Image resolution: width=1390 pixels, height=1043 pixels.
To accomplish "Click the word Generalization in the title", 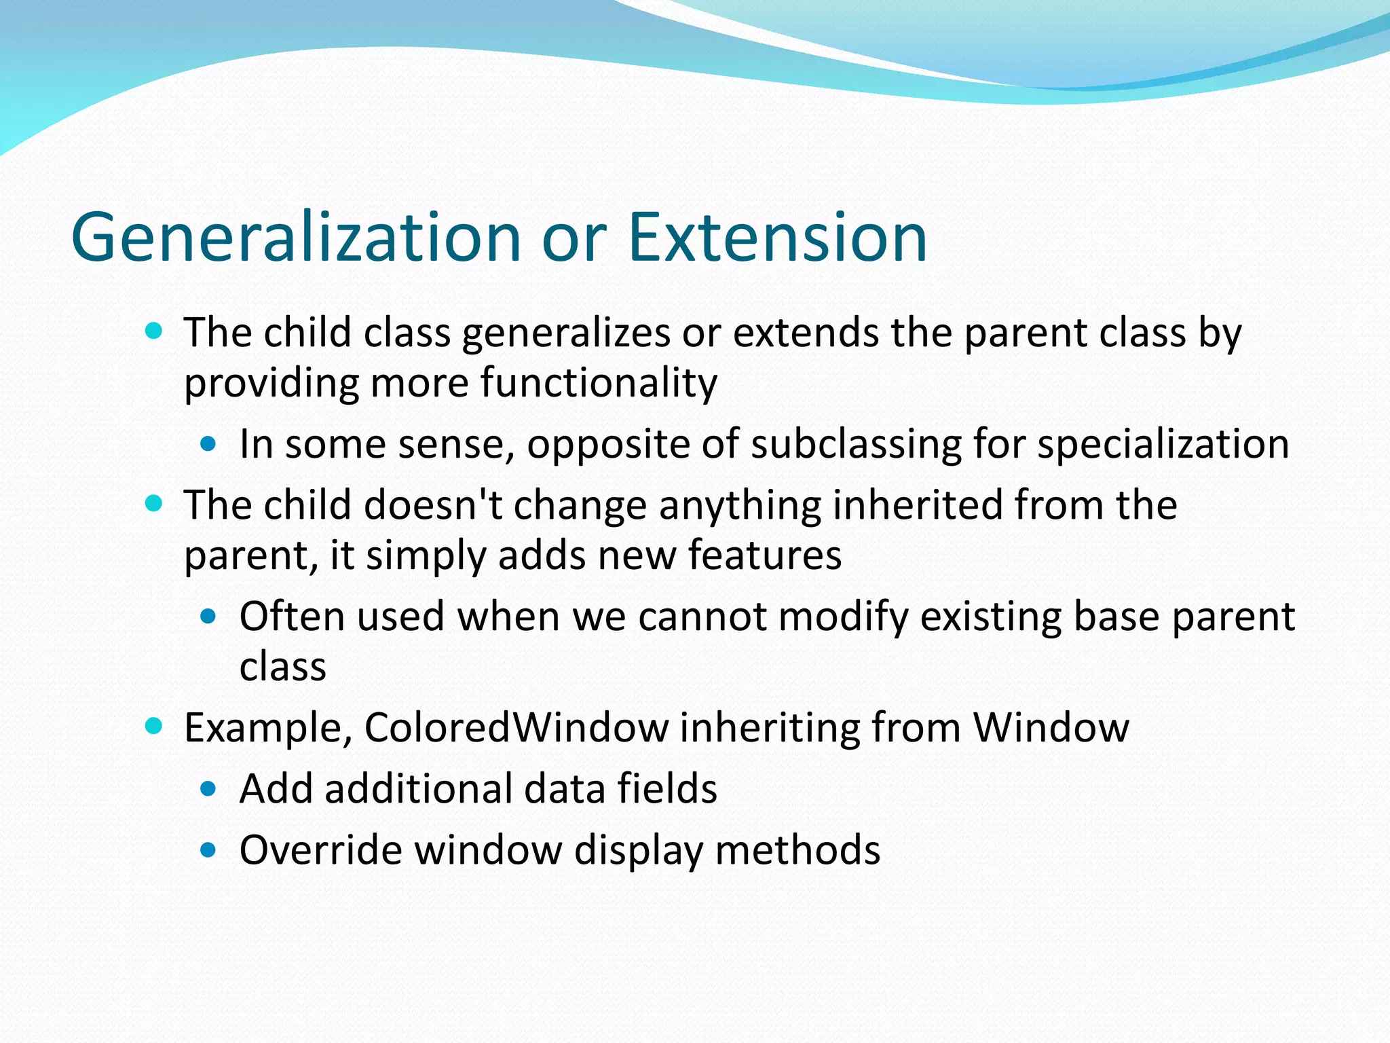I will (x=296, y=237).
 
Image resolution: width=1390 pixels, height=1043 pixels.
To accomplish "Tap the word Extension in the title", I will (x=777, y=237).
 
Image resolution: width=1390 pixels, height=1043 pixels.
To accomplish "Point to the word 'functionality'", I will (x=598, y=383).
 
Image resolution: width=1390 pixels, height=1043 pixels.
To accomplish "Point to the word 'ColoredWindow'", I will (x=516, y=728).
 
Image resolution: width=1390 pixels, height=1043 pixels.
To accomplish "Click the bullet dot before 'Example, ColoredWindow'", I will (x=154, y=726).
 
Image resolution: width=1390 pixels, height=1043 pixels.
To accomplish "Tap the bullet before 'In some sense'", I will (x=209, y=445).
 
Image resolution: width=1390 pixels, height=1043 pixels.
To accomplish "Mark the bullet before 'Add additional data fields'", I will (x=209, y=789).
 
